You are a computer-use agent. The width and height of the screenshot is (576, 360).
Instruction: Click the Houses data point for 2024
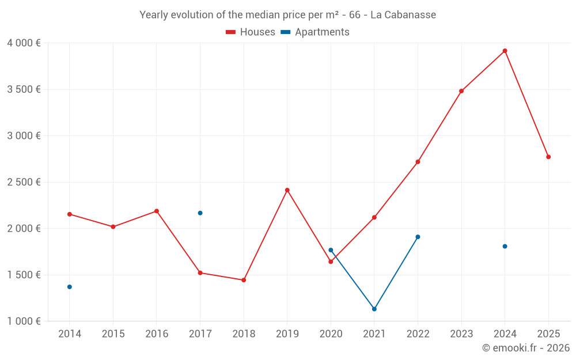[x=505, y=51]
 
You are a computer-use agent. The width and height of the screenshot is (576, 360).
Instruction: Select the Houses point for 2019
[x=287, y=190]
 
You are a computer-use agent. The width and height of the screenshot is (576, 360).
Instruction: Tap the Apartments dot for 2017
[x=200, y=213]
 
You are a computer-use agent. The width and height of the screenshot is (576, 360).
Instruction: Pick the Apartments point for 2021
[x=374, y=309]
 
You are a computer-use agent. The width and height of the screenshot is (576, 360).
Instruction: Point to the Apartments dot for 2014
[x=70, y=287]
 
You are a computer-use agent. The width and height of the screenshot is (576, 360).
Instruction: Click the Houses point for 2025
[x=548, y=157]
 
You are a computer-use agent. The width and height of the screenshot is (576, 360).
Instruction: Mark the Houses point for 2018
[x=244, y=280]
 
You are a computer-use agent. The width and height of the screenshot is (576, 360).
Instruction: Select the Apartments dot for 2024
[x=505, y=247]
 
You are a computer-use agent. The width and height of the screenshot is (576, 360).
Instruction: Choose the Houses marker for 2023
[x=461, y=91]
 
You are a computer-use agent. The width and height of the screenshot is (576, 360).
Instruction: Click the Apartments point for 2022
[x=418, y=237]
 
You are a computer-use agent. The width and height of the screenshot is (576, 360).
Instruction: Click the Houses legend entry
[x=251, y=32]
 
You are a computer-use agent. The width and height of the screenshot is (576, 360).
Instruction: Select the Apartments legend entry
[x=316, y=32]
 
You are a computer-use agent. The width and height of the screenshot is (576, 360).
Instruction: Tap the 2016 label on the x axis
[x=157, y=334]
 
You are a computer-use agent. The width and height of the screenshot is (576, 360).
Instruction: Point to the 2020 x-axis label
[x=331, y=334]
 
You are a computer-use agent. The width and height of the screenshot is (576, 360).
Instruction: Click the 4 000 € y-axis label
[x=24, y=43]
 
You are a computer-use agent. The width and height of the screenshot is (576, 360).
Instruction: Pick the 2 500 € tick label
[x=24, y=182]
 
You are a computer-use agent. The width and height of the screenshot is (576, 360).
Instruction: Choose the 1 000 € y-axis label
[x=24, y=321]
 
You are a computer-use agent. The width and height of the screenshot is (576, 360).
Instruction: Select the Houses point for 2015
[x=113, y=227]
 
